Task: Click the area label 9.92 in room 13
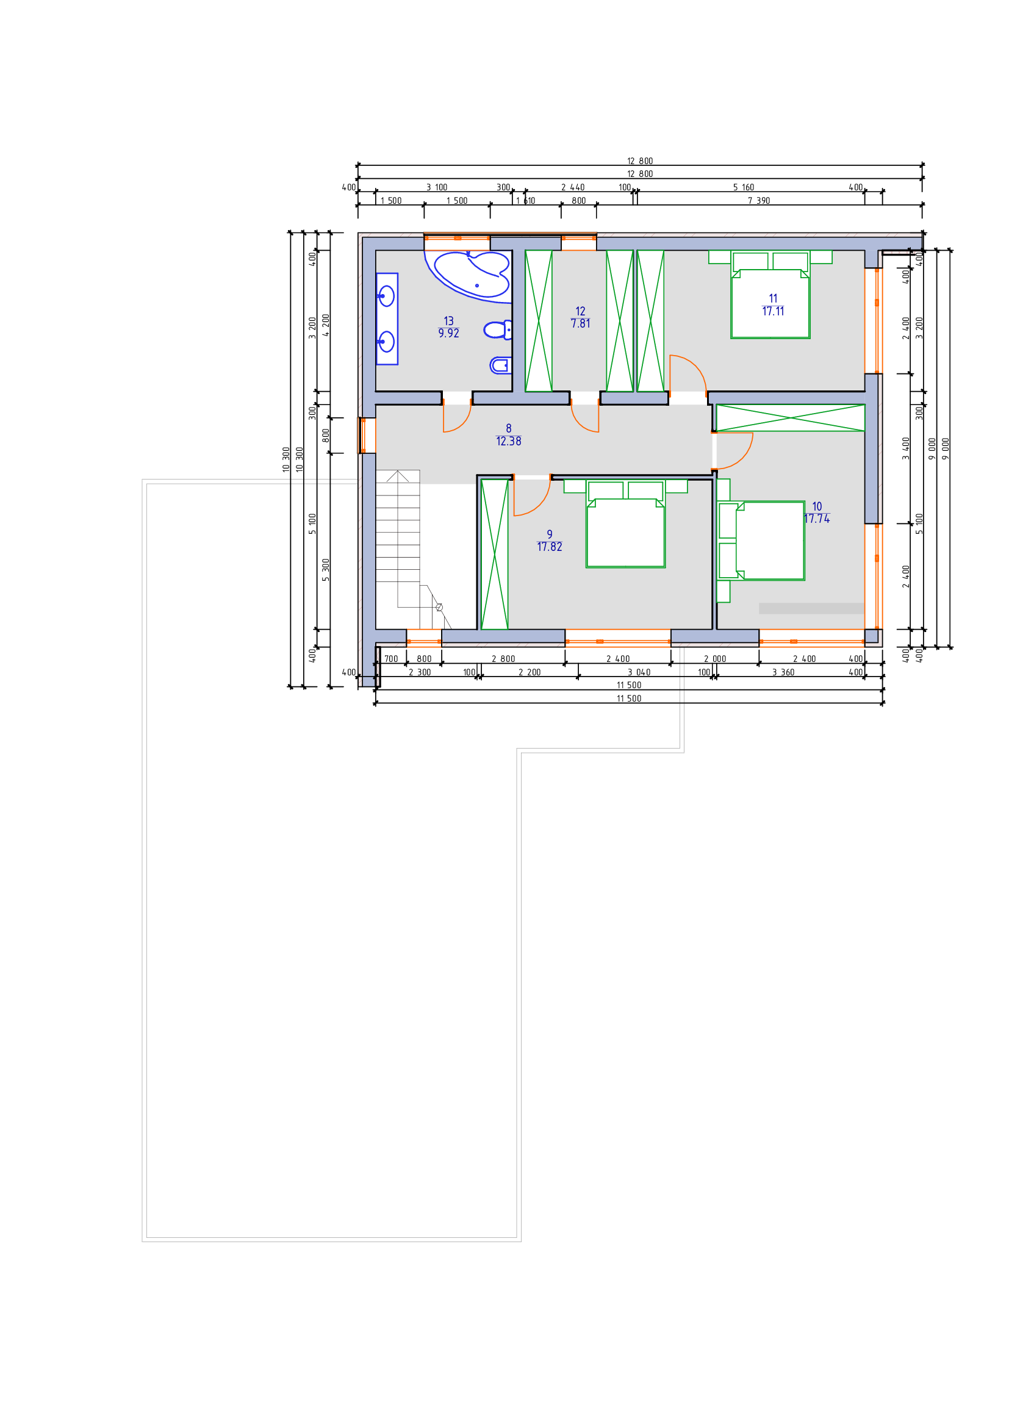click(448, 334)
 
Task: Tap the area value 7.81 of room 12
click(580, 324)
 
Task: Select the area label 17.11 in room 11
click(773, 311)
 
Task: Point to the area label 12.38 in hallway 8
click(508, 441)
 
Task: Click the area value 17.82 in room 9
click(549, 547)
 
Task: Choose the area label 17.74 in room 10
click(816, 519)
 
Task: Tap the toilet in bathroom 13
click(498, 329)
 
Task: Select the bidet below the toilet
click(501, 365)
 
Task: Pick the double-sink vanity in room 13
click(386, 319)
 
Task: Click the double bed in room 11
click(770, 295)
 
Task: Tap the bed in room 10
click(761, 541)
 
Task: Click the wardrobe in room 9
click(495, 555)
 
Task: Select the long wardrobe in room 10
click(790, 418)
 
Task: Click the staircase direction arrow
click(398, 476)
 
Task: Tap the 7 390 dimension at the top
click(759, 201)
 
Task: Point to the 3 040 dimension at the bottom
click(639, 672)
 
